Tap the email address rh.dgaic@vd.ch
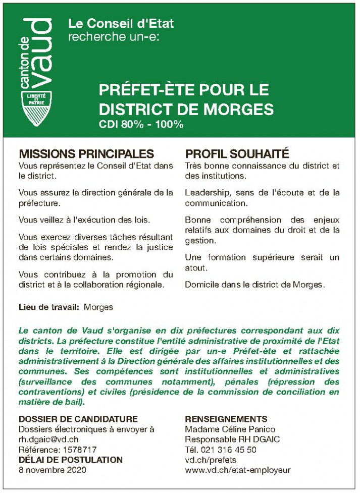(x=48, y=439)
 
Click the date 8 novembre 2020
(x=53, y=469)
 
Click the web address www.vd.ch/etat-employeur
(x=237, y=469)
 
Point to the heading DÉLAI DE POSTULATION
(x=70, y=459)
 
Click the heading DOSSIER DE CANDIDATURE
(x=78, y=419)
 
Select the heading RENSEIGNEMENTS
(x=226, y=419)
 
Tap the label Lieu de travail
(x=48, y=306)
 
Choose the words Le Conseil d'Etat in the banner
(x=121, y=23)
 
